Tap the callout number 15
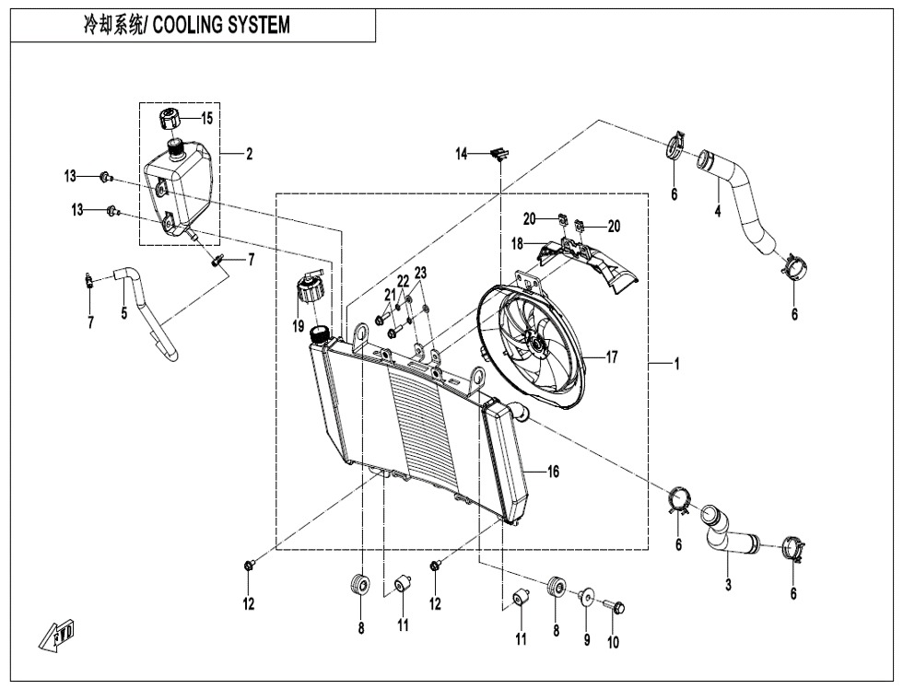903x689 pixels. tap(206, 119)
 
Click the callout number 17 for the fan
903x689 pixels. tap(612, 357)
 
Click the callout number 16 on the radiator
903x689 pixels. tap(553, 472)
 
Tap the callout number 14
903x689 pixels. tap(462, 154)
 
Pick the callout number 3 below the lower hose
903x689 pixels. tap(728, 585)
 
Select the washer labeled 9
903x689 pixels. tap(585, 598)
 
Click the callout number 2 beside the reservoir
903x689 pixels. tap(249, 155)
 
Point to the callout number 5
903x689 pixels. tap(123, 313)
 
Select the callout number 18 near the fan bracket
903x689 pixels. tap(518, 243)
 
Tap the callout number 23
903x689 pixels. tap(420, 273)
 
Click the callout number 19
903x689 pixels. tap(299, 326)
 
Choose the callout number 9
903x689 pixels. tap(587, 640)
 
